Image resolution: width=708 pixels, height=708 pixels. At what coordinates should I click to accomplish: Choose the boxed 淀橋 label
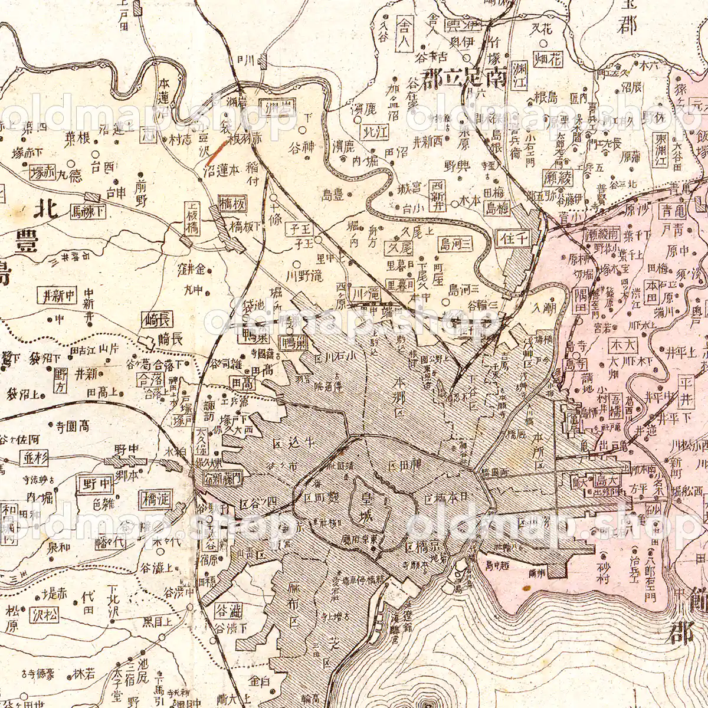coord(155,499)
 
